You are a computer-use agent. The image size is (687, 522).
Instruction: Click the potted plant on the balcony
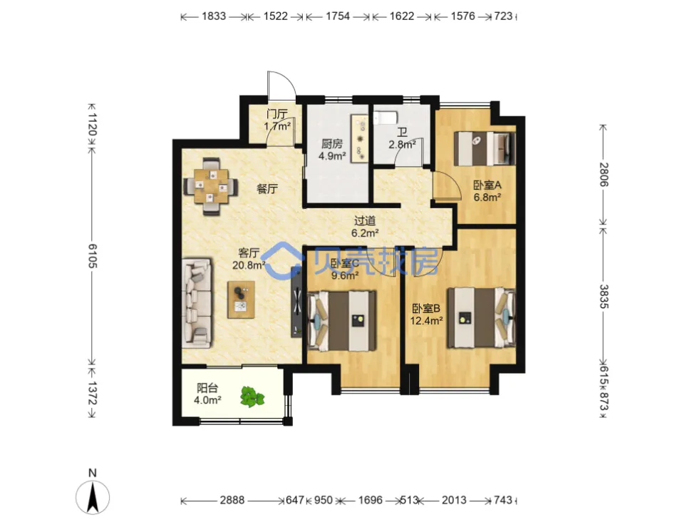(252, 397)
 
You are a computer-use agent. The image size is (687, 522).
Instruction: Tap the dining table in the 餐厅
(212, 187)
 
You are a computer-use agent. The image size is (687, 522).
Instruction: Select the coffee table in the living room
(241, 300)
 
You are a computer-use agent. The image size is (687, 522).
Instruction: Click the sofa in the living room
(197, 302)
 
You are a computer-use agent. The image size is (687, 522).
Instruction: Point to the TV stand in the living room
(296, 302)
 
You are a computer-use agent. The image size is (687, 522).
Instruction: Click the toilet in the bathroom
(385, 118)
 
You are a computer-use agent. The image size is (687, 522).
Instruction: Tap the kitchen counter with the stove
(359, 139)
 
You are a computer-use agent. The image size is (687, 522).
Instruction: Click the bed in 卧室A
(485, 148)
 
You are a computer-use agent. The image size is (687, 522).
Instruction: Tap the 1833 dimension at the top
(214, 16)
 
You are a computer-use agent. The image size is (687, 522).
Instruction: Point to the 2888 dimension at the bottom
(232, 500)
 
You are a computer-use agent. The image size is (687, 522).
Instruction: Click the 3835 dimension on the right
(604, 296)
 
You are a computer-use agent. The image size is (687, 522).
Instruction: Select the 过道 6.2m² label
(365, 227)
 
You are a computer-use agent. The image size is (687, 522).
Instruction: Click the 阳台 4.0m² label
(207, 394)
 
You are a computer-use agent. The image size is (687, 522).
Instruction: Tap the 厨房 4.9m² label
(332, 150)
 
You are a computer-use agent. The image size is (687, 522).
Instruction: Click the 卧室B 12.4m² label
(426, 314)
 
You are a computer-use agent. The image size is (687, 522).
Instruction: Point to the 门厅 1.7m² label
(278, 121)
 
